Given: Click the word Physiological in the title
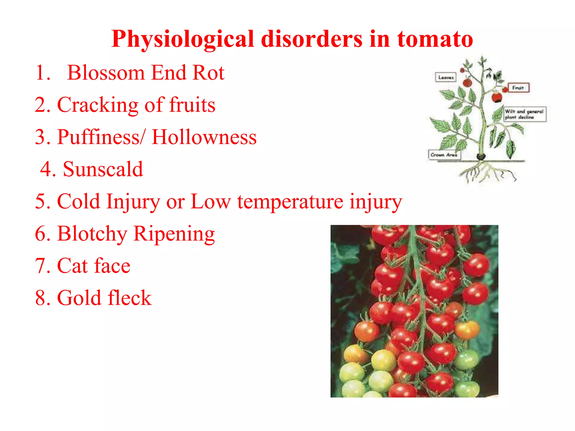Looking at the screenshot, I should point(183,39).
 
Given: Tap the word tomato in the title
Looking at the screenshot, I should point(435,39).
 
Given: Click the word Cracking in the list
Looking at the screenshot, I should point(97,105).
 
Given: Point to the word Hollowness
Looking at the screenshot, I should point(204,137).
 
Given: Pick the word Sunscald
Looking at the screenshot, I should point(103,169).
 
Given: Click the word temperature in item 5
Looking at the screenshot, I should point(290,201).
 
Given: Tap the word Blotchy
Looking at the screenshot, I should point(92,233).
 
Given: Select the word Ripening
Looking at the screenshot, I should point(174,233).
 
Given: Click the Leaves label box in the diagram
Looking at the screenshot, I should point(446,77).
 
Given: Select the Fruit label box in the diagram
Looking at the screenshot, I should point(518,88).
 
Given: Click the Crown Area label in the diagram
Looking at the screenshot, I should point(444,155).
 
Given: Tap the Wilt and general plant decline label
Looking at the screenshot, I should point(524,114).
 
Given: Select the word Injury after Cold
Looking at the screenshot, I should point(133,201).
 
